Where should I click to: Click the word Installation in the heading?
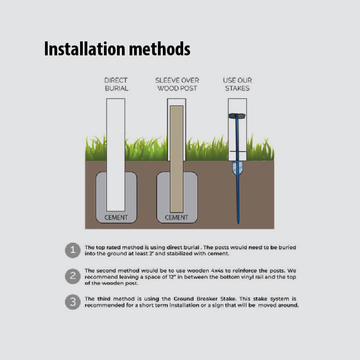tap(85, 49)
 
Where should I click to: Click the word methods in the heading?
tap(160, 49)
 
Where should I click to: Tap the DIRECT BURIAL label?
tap(116, 84)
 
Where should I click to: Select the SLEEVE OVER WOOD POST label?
tap(177, 84)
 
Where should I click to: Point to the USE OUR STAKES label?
tap(238, 84)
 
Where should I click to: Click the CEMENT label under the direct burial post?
tap(116, 217)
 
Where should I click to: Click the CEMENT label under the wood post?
tap(176, 217)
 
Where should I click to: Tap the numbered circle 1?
tap(73, 250)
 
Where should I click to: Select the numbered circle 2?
tap(73, 276)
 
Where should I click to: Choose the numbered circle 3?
tap(73, 302)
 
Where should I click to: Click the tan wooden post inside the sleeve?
tap(176, 159)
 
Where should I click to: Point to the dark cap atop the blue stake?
tap(237, 116)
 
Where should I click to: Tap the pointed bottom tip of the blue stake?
tap(238, 223)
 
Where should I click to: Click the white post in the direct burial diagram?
tap(116, 155)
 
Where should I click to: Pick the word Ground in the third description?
tap(184, 299)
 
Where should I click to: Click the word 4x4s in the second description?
tap(217, 271)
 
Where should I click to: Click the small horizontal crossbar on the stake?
tap(238, 152)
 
